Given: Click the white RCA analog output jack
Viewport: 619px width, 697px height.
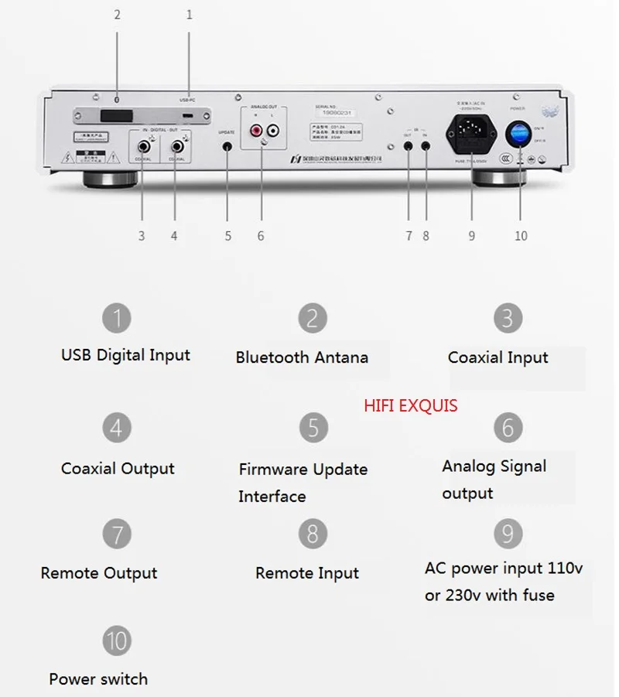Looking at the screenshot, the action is coord(272,133).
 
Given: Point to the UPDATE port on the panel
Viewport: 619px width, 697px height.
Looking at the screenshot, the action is coord(227,145).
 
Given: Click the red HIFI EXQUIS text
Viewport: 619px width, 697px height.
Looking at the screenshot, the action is coord(411,405).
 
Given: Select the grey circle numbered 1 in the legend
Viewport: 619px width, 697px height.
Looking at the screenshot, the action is coord(117,317).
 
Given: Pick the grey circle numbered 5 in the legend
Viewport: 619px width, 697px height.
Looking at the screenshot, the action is coord(313,427).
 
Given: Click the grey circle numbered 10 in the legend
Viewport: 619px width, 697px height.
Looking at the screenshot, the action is coord(117,641).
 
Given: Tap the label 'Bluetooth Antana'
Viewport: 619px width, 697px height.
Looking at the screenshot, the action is coord(302,357).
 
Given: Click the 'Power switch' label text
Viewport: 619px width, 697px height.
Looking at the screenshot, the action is coord(98,679).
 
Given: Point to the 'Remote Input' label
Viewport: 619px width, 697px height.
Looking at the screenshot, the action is coord(307,573).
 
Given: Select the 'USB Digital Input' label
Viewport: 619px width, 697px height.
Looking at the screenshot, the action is coord(125,355).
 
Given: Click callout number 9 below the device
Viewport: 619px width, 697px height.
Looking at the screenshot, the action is coord(471,236).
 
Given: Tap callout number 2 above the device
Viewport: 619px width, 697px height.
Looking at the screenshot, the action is coord(117,14).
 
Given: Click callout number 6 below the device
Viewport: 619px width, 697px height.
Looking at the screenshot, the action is coord(261,236).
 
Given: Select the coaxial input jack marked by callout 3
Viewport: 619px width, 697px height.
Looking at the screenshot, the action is coord(143,145).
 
